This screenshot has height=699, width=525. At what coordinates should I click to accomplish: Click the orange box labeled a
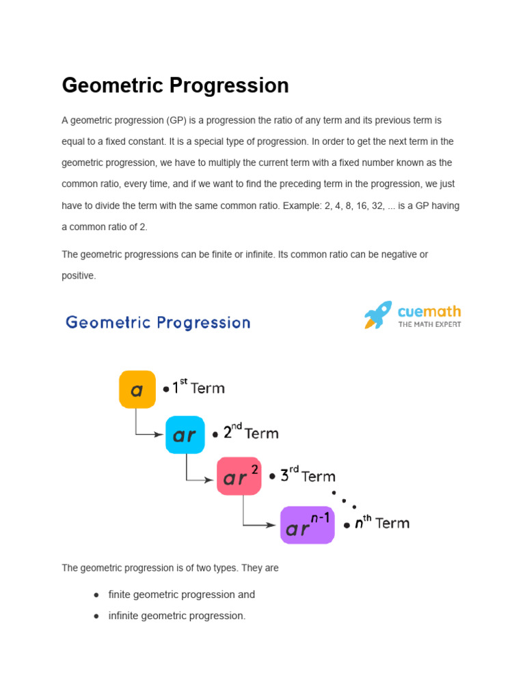pos(137,389)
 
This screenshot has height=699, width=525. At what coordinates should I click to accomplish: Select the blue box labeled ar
pos(185,435)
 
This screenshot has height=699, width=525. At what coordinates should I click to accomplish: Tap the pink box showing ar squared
pos(239,476)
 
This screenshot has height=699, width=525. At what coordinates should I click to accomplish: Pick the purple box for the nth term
pos(307,525)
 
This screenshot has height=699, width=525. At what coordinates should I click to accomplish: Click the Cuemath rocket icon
pos(378,315)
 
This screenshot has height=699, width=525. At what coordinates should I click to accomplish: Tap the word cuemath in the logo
pos(429,312)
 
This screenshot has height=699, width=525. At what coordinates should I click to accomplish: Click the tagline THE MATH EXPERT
pos(429,324)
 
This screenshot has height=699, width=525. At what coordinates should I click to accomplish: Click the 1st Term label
pos(198,388)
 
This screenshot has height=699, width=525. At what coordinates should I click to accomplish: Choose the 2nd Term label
pos(250,433)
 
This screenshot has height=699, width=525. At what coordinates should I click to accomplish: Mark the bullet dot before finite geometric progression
pos(96,595)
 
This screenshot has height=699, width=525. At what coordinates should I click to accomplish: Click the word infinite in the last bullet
pos(124,616)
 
